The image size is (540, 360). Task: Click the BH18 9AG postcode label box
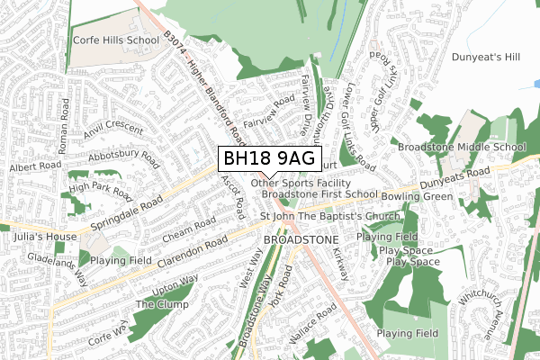pyautogui.click(x=268, y=158)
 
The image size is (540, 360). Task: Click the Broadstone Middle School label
pyautogui.click(x=462, y=147)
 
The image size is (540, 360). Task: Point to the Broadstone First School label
pyautogui.click(x=319, y=193)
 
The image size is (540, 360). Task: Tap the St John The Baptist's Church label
pyautogui.click(x=329, y=216)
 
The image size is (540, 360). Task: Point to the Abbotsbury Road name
pyautogui.click(x=124, y=161)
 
